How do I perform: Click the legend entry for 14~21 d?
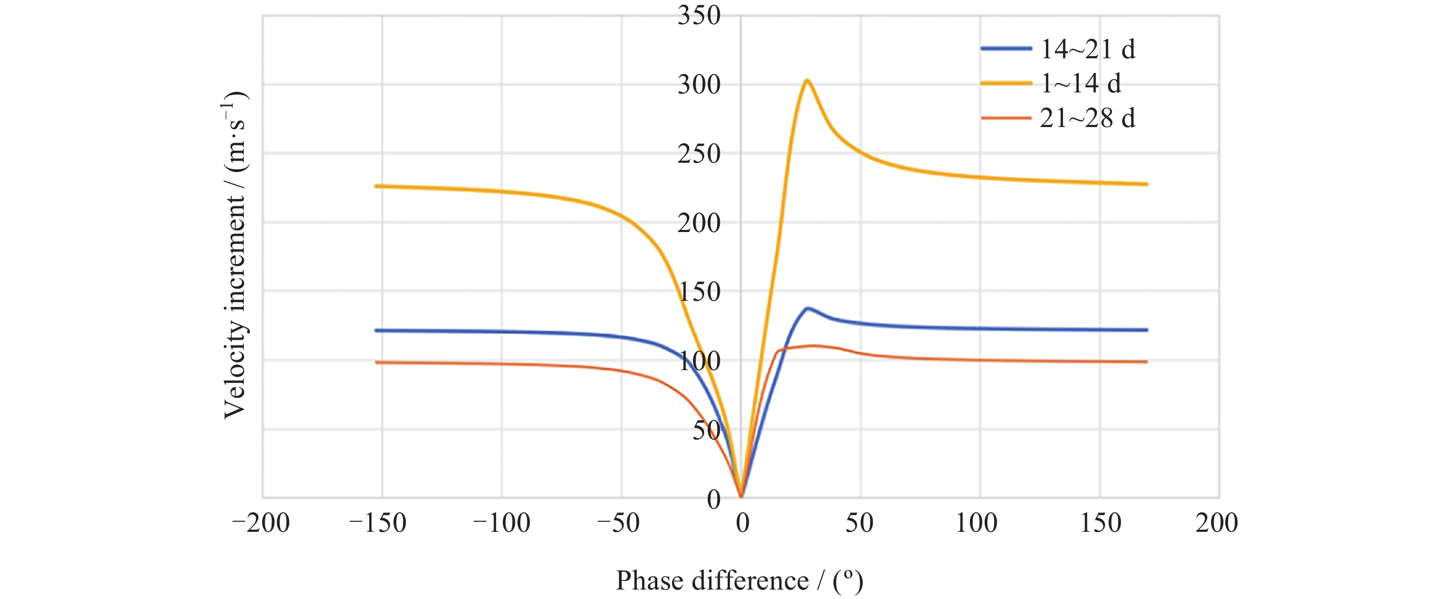pyautogui.click(x=1087, y=49)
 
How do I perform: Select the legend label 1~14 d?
pyautogui.click(x=1080, y=83)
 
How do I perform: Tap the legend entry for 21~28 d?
pyautogui.click(x=1087, y=119)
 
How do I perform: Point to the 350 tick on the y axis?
pyautogui.click(x=699, y=15)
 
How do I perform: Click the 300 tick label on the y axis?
pyautogui.click(x=699, y=85)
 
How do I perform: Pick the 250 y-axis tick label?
pyautogui.click(x=699, y=154)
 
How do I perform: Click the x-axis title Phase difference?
pyautogui.click(x=739, y=581)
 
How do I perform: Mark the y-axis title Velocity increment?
pyautogui.click(x=235, y=256)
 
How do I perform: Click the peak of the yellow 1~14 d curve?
pyautogui.click(x=806, y=80)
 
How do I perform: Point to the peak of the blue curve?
pyautogui.click(x=808, y=308)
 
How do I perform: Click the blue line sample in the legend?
pyautogui.click(x=1006, y=49)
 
